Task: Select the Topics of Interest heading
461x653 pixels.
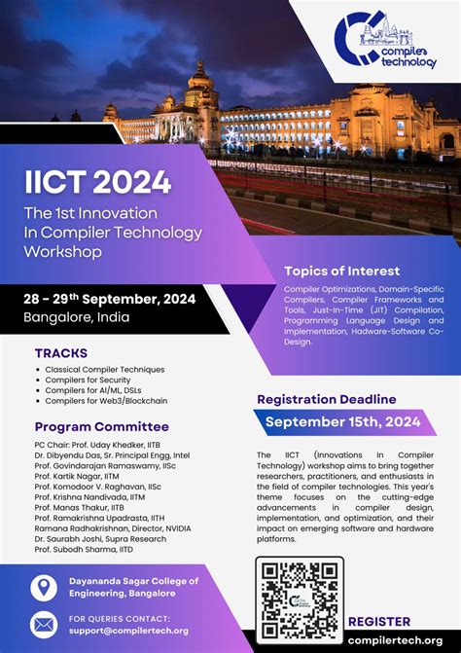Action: [x=341, y=271]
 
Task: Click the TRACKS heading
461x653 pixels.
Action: [x=61, y=352]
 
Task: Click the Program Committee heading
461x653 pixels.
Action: [x=102, y=426]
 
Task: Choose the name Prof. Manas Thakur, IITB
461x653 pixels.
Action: [x=79, y=507]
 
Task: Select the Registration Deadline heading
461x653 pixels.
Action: [x=326, y=399]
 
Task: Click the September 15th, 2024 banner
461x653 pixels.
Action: [x=342, y=421]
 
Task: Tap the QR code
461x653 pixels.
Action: [x=299, y=599]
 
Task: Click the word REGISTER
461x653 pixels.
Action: [x=378, y=621]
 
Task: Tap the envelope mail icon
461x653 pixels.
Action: [x=45, y=624]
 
